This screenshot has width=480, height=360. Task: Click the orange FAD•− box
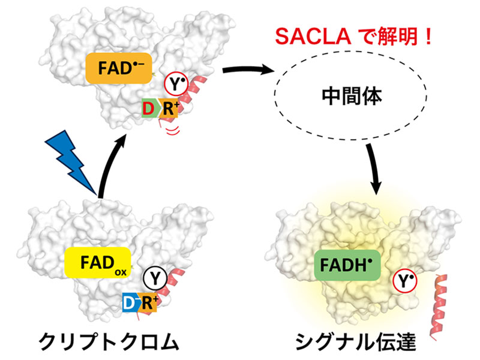point(119,68)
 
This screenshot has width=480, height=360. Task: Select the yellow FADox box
point(98,262)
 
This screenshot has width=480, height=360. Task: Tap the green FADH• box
point(347,265)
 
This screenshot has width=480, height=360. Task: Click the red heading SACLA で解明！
point(353,37)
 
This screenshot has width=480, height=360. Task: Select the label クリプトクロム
point(109,341)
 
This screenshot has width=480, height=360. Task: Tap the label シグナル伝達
point(355,341)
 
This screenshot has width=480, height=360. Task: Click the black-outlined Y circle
point(155,278)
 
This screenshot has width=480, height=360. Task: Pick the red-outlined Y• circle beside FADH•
point(404,280)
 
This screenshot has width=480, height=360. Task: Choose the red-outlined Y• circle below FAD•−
point(176,84)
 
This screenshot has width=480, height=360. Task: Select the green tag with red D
point(151,109)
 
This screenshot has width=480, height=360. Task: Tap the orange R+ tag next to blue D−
point(149,303)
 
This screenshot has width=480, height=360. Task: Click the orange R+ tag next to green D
point(169,109)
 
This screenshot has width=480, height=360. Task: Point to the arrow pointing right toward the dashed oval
point(247,70)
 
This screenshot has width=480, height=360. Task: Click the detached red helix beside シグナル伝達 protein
point(439,307)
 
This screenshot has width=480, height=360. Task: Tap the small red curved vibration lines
point(172,131)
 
